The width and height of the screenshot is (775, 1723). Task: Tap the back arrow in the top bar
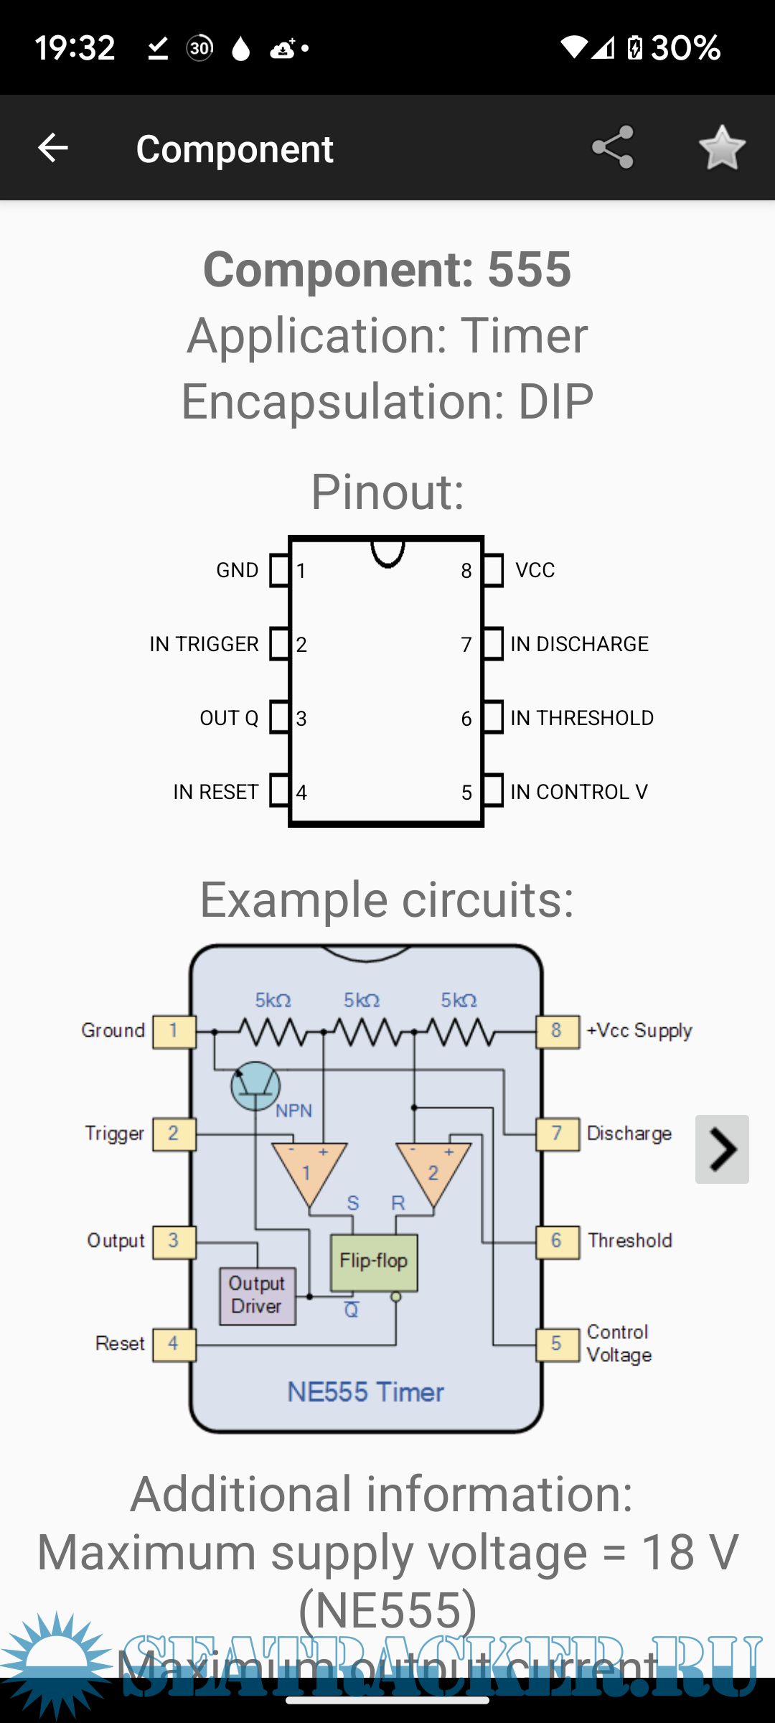[x=52, y=148]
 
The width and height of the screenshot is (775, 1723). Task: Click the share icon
[x=613, y=148]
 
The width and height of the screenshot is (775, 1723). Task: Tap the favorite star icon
[x=722, y=148]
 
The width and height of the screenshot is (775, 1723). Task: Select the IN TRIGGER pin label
[x=204, y=644]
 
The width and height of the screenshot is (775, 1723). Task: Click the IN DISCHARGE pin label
[x=579, y=644]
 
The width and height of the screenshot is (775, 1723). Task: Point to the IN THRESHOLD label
[x=582, y=718]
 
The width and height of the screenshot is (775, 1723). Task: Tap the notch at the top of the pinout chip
[x=387, y=552]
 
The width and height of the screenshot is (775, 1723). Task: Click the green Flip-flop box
[x=374, y=1262]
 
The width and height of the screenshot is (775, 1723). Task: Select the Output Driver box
[x=257, y=1295]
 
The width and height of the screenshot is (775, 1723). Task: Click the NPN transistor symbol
[x=255, y=1086]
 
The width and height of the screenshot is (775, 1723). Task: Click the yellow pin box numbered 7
[x=557, y=1134]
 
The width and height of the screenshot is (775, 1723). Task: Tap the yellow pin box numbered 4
[x=174, y=1344]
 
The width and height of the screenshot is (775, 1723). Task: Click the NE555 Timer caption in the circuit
[x=365, y=1392]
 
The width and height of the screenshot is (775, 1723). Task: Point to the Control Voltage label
[x=619, y=1343]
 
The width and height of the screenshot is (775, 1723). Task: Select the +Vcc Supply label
[x=639, y=1031]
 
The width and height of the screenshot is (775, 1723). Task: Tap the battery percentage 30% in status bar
[x=685, y=48]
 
